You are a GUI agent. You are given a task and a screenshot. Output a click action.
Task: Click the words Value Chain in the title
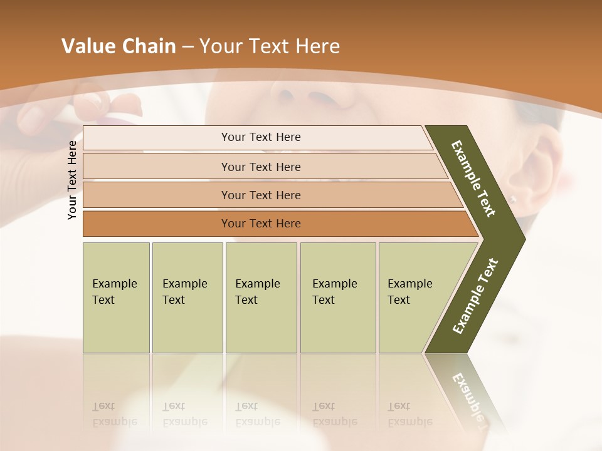[119, 46]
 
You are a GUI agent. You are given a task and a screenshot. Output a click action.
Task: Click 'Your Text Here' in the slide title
[269, 46]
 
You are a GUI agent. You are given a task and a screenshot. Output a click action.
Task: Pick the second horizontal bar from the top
[260, 167]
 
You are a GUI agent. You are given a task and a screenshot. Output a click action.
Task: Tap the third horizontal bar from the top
[260, 195]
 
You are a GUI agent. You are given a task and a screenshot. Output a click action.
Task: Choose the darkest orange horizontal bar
[260, 224]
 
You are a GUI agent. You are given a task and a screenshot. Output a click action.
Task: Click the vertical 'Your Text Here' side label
[72, 180]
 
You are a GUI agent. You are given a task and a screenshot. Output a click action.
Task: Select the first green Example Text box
[116, 297]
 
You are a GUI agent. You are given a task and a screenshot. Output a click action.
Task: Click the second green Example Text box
[187, 297]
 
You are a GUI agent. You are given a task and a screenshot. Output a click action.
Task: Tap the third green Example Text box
[261, 297]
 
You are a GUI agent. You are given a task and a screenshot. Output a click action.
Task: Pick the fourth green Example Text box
[337, 297]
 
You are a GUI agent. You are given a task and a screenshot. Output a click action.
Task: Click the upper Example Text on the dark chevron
[473, 179]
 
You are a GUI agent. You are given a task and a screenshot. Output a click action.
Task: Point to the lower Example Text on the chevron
[475, 296]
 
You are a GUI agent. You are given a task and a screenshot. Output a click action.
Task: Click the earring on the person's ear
[512, 200]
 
